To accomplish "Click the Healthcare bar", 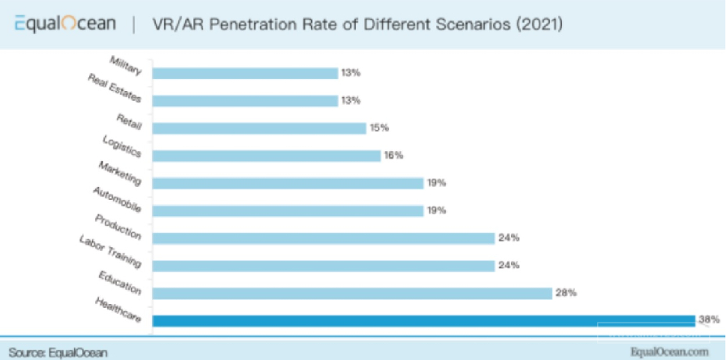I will [423, 320].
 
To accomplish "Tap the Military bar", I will [244, 73].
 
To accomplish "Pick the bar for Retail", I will [259, 128].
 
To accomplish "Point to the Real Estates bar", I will [244, 101].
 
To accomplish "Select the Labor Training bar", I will [323, 265].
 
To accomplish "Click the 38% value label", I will [708, 320].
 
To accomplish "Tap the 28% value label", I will [565, 293].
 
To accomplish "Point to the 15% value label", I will [379, 128].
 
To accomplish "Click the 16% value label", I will [394, 155].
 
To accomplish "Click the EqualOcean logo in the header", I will [64, 24].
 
